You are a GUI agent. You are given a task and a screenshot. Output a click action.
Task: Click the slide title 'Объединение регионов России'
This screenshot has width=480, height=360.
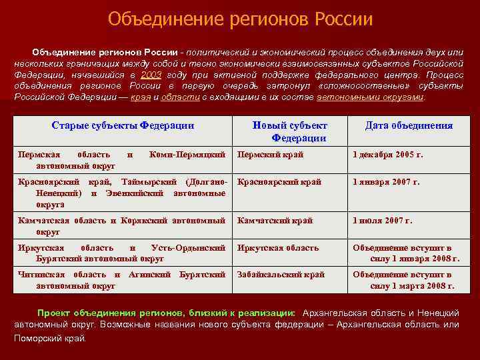(x=240, y=18)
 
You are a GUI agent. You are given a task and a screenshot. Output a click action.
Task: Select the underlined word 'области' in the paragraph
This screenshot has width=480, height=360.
(x=180, y=97)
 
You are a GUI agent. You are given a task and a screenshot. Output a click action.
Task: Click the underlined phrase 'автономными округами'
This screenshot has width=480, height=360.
(x=370, y=97)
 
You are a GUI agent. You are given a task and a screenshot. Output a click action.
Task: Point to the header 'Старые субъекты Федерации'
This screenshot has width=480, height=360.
(x=123, y=125)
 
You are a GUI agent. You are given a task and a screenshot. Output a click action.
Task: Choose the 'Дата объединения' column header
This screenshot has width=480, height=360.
(x=409, y=125)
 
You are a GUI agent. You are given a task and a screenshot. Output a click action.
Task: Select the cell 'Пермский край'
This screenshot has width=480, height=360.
(x=270, y=155)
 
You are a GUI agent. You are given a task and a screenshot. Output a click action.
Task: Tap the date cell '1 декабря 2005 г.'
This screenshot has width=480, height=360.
(x=387, y=155)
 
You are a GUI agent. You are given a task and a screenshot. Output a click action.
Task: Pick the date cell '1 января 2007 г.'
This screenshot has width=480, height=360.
(x=386, y=181)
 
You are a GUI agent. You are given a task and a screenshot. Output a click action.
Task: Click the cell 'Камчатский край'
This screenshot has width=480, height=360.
(x=275, y=221)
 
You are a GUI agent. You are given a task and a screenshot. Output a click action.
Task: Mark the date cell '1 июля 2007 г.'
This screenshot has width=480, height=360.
(x=383, y=221)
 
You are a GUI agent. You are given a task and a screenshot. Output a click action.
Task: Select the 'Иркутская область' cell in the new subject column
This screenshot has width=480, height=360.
(x=278, y=248)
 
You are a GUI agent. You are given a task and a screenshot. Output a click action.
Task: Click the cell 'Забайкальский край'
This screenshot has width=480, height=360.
(x=281, y=274)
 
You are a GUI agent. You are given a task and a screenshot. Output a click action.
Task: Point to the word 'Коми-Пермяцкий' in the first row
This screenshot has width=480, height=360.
(x=188, y=155)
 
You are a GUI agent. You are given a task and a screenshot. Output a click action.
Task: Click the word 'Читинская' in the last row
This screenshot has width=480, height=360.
(x=41, y=274)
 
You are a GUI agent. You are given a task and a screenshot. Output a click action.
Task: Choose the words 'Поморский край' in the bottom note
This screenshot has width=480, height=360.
(x=50, y=338)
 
